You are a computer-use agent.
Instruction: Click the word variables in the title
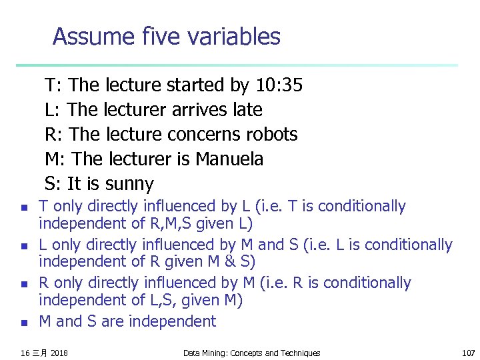[x=234, y=36]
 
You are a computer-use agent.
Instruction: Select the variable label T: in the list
[x=53, y=85]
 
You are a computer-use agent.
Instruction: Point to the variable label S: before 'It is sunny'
[x=53, y=184]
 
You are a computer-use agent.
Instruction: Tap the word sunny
[x=129, y=184]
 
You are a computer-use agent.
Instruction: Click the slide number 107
[x=469, y=353]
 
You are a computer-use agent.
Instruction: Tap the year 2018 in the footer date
[x=59, y=353]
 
